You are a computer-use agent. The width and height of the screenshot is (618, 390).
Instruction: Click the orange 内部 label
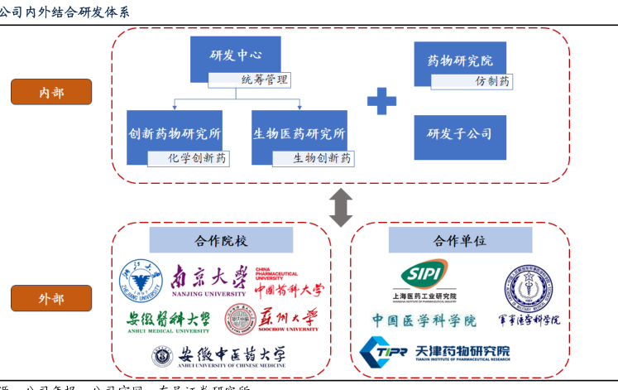point(51,92)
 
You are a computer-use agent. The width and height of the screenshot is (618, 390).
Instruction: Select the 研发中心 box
point(233,56)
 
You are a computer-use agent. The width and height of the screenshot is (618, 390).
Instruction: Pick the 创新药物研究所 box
point(174,132)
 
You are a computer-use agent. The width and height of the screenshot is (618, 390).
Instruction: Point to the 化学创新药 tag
point(189,158)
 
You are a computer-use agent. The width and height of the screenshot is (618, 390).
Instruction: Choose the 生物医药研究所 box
point(299,132)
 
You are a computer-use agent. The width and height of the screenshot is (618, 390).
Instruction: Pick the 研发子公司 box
point(459,134)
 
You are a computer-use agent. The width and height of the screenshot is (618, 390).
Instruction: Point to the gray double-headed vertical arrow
point(340,206)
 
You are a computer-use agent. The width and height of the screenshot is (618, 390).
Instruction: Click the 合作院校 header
point(221,241)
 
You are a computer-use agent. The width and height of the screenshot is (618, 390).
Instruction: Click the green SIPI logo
point(424,277)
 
